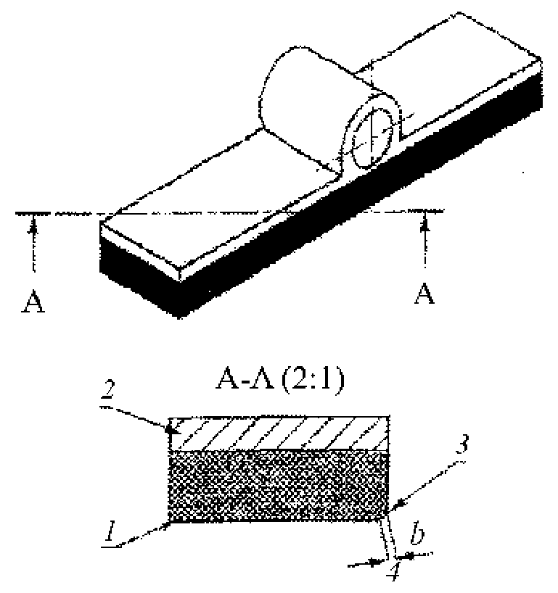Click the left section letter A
(x=33, y=302)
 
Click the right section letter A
(x=424, y=294)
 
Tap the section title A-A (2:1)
(x=281, y=380)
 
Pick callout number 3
(x=461, y=444)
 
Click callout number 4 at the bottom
(x=394, y=571)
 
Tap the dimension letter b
(x=417, y=534)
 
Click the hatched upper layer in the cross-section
(x=279, y=434)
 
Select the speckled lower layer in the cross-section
(x=278, y=486)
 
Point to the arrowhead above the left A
(x=34, y=225)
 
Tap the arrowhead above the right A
(x=425, y=223)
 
